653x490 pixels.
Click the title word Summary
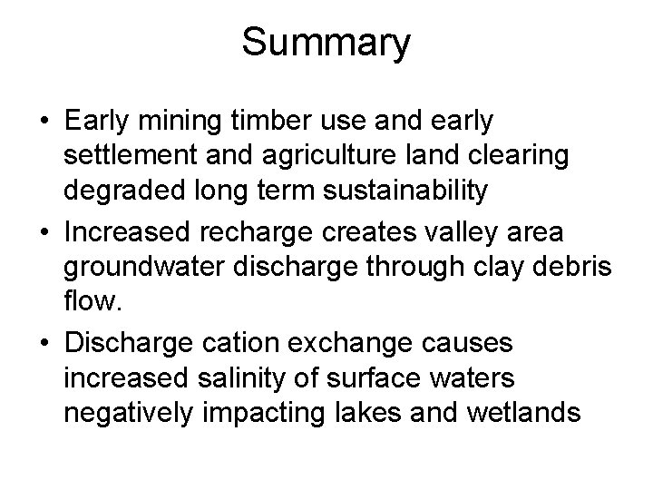pos(326,43)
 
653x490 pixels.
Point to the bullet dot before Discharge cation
pos(44,344)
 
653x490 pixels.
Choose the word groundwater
pos(144,268)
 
